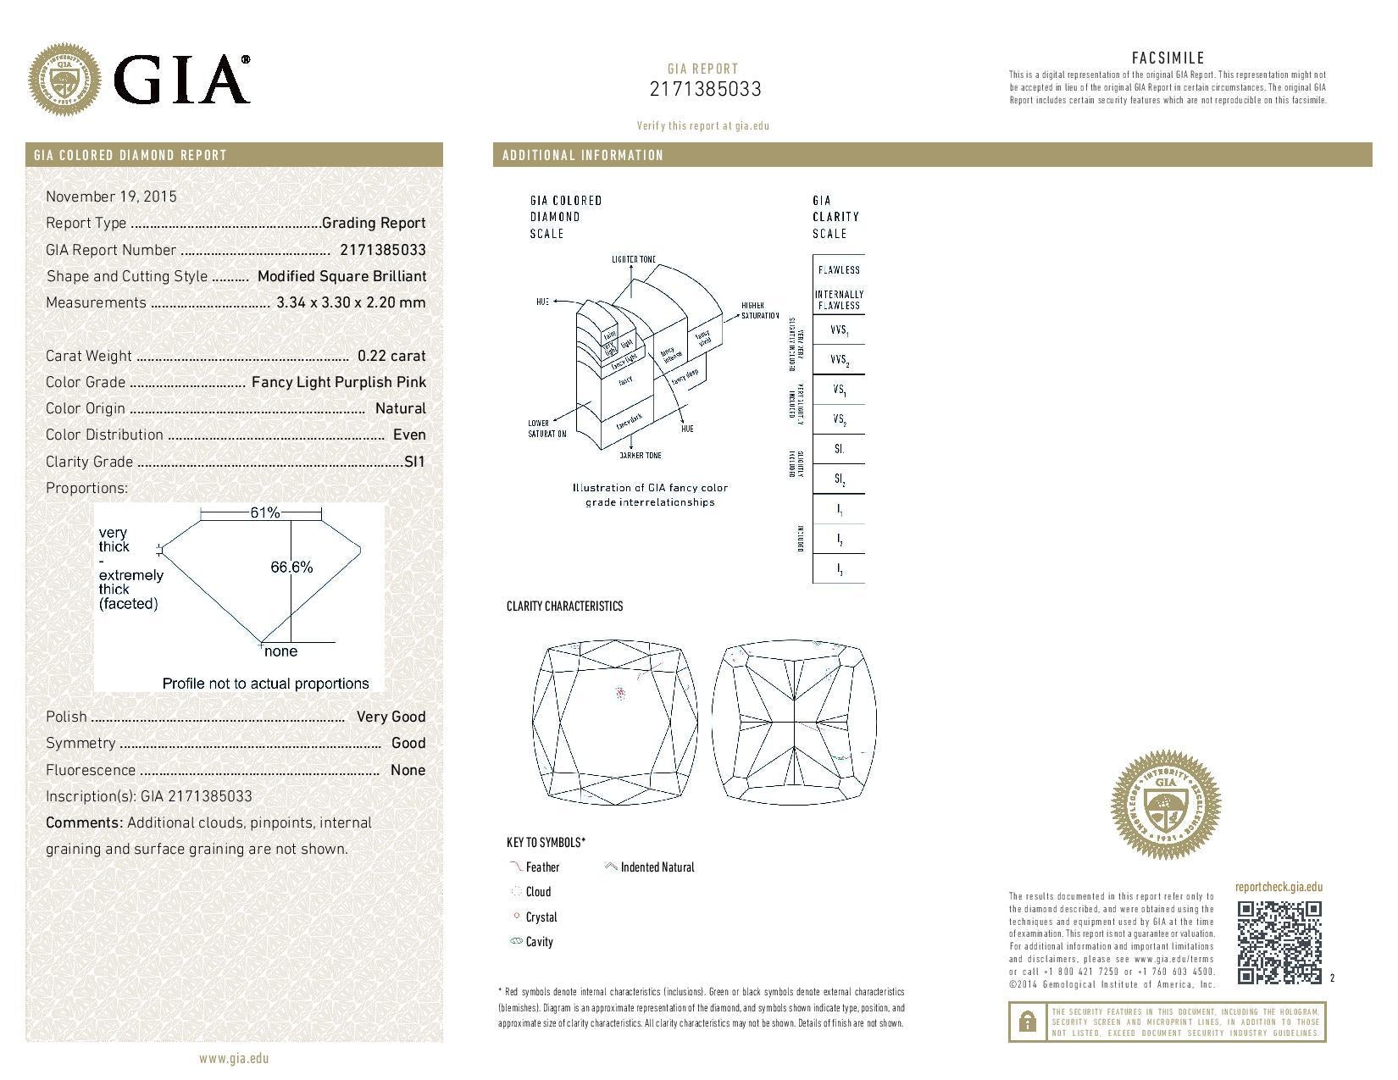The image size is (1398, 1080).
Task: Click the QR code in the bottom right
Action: point(1279,942)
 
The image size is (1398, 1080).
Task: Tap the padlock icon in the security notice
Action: point(1027,1022)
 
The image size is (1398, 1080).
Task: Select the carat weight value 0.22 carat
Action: point(391,356)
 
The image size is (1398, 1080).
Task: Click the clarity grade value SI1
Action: point(415,462)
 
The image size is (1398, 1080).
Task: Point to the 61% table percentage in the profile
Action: point(264,512)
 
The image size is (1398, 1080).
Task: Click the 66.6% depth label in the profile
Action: point(291,568)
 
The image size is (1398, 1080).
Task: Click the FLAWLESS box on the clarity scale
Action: point(839,270)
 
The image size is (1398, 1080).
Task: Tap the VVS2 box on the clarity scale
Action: point(839,360)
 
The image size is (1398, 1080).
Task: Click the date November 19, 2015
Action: point(111,197)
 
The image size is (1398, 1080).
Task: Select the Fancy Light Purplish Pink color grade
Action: point(339,382)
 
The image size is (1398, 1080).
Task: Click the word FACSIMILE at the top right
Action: point(1168,58)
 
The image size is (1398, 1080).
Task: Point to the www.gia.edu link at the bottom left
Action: point(234,1058)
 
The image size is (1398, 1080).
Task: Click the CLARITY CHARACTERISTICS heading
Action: point(564,606)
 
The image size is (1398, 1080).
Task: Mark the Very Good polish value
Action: point(391,717)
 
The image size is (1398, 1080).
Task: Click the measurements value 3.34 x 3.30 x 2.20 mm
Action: point(351,302)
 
